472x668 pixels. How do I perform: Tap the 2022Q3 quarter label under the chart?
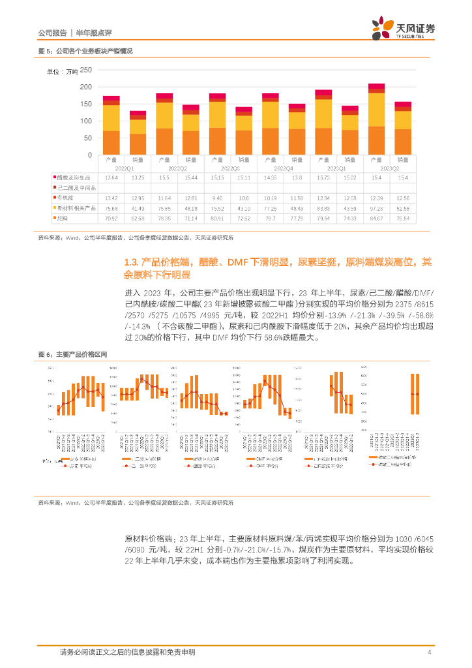click(222, 168)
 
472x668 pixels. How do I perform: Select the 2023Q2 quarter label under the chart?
click(381, 168)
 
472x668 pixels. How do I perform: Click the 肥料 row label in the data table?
click(63, 218)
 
